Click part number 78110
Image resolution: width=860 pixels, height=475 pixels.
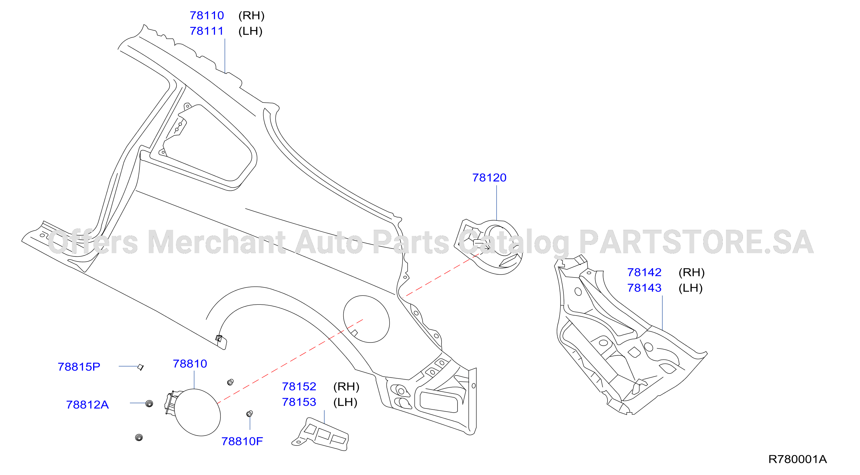click(207, 15)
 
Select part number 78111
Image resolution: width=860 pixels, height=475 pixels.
click(207, 31)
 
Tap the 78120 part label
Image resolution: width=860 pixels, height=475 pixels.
click(489, 178)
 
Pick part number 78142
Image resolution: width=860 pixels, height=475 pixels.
click(644, 273)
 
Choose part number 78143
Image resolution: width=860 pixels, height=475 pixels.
click(644, 288)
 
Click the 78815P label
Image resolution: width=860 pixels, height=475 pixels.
click(79, 367)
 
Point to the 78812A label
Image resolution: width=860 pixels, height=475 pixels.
click(87, 405)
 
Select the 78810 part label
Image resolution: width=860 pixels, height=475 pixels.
click(190, 364)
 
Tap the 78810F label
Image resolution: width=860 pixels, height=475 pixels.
click(242, 442)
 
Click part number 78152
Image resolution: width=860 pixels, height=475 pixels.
click(299, 386)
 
